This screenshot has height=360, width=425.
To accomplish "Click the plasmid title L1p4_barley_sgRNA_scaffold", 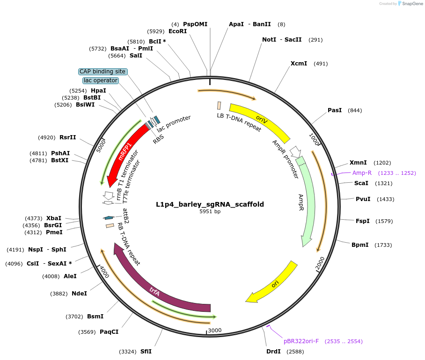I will point(210,204).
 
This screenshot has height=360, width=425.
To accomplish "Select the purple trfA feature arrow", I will point(154,290).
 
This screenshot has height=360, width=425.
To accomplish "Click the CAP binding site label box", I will point(103,72).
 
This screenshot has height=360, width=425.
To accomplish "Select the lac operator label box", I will point(101,80).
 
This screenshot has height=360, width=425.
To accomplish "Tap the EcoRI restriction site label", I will point(177,31).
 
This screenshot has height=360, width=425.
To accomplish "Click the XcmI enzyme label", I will point(299,64).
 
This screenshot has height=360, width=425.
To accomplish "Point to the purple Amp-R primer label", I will point(362,173).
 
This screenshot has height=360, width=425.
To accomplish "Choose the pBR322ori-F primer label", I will point(301,341).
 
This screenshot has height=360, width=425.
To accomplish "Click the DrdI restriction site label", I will point(273,352).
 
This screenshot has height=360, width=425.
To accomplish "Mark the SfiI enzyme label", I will point(146,352).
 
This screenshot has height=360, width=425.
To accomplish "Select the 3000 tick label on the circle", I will point(215,331).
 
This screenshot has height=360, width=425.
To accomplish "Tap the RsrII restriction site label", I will point(67,137).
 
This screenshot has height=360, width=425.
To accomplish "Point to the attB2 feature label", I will point(125,216).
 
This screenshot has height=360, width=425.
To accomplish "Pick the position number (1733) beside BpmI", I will point(383,245).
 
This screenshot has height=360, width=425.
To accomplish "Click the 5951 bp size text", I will point(210,212).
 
